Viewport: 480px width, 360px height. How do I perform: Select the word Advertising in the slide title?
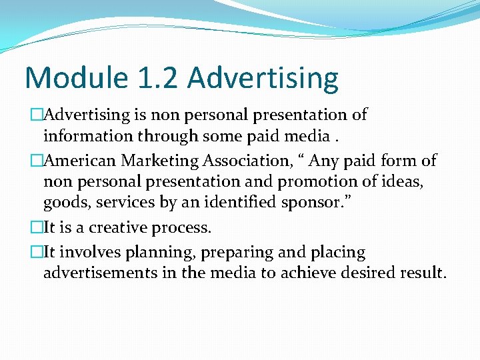263,78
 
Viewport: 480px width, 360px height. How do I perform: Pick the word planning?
137,253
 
